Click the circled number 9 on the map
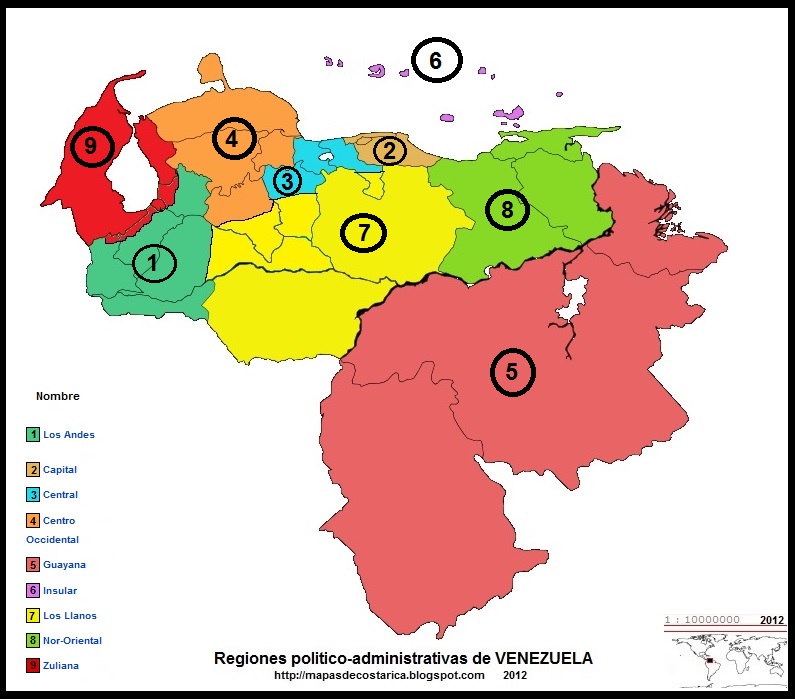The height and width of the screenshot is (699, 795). [x=90, y=146]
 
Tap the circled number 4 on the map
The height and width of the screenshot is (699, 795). [x=232, y=139]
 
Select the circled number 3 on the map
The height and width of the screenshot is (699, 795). [x=286, y=181]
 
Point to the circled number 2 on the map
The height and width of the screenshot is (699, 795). [x=390, y=151]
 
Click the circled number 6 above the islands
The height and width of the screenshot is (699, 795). [x=435, y=61]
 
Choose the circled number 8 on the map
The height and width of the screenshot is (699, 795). [x=507, y=210]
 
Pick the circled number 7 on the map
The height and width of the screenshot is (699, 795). [x=364, y=232]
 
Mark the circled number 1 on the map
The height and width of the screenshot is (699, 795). [x=153, y=263]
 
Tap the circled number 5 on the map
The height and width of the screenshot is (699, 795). [x=512, y=372]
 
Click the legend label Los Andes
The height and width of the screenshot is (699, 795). [x=69, y=435]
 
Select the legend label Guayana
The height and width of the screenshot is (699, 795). [x=64, y=565]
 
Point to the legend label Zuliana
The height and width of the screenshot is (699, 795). [x=62, y=665]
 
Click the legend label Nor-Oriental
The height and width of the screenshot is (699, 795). [x=72, y=640]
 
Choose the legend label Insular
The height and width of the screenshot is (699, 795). [x=60, y=590]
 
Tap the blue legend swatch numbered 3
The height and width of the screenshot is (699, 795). [x=33, y=495]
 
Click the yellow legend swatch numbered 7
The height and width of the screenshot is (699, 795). [x=33, y=615]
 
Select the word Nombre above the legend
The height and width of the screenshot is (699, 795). [x=57, y=396]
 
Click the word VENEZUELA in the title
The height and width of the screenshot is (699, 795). [x=543, y=659]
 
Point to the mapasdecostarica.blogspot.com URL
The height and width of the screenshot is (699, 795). [x=379, y=675]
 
